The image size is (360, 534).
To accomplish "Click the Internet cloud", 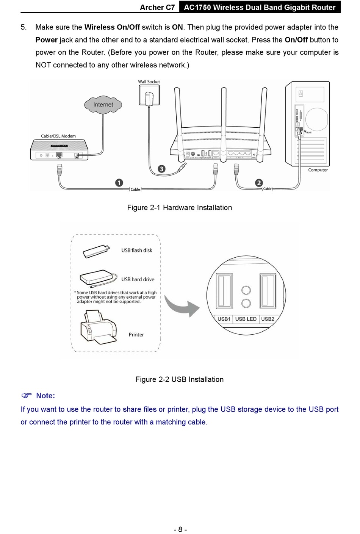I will (x=103, y=105).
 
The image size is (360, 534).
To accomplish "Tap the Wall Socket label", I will (x=149, y=81).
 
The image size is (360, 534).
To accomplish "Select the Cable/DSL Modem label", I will (x=58, y=136).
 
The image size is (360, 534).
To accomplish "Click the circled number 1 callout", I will (x=119, y=183).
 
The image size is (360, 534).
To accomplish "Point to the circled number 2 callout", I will (x=259, y=183).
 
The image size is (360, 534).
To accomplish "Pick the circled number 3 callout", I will (x=162, y=169).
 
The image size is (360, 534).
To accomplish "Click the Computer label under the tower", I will (x=318, y=170).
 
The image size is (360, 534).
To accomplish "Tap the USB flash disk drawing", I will (x=96, y=251).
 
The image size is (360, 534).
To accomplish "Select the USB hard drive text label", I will (x=138, y=279).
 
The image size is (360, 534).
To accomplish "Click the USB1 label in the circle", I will (x=224, y=319).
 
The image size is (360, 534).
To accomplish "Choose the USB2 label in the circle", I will (x=268, y=319).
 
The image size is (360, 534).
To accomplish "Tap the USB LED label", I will (x=246, y=319).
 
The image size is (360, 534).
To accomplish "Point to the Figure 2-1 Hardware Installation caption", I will (x=179, y=208).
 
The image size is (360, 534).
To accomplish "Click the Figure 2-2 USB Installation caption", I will (x=179, y=379).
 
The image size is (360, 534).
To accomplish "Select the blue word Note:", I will (x=45, y=396).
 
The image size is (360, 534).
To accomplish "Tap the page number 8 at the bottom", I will (x=180, y=529).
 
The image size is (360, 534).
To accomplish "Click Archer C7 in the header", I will (x=157, y=8).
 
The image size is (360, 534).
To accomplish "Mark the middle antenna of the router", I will (x=223, y=114).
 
